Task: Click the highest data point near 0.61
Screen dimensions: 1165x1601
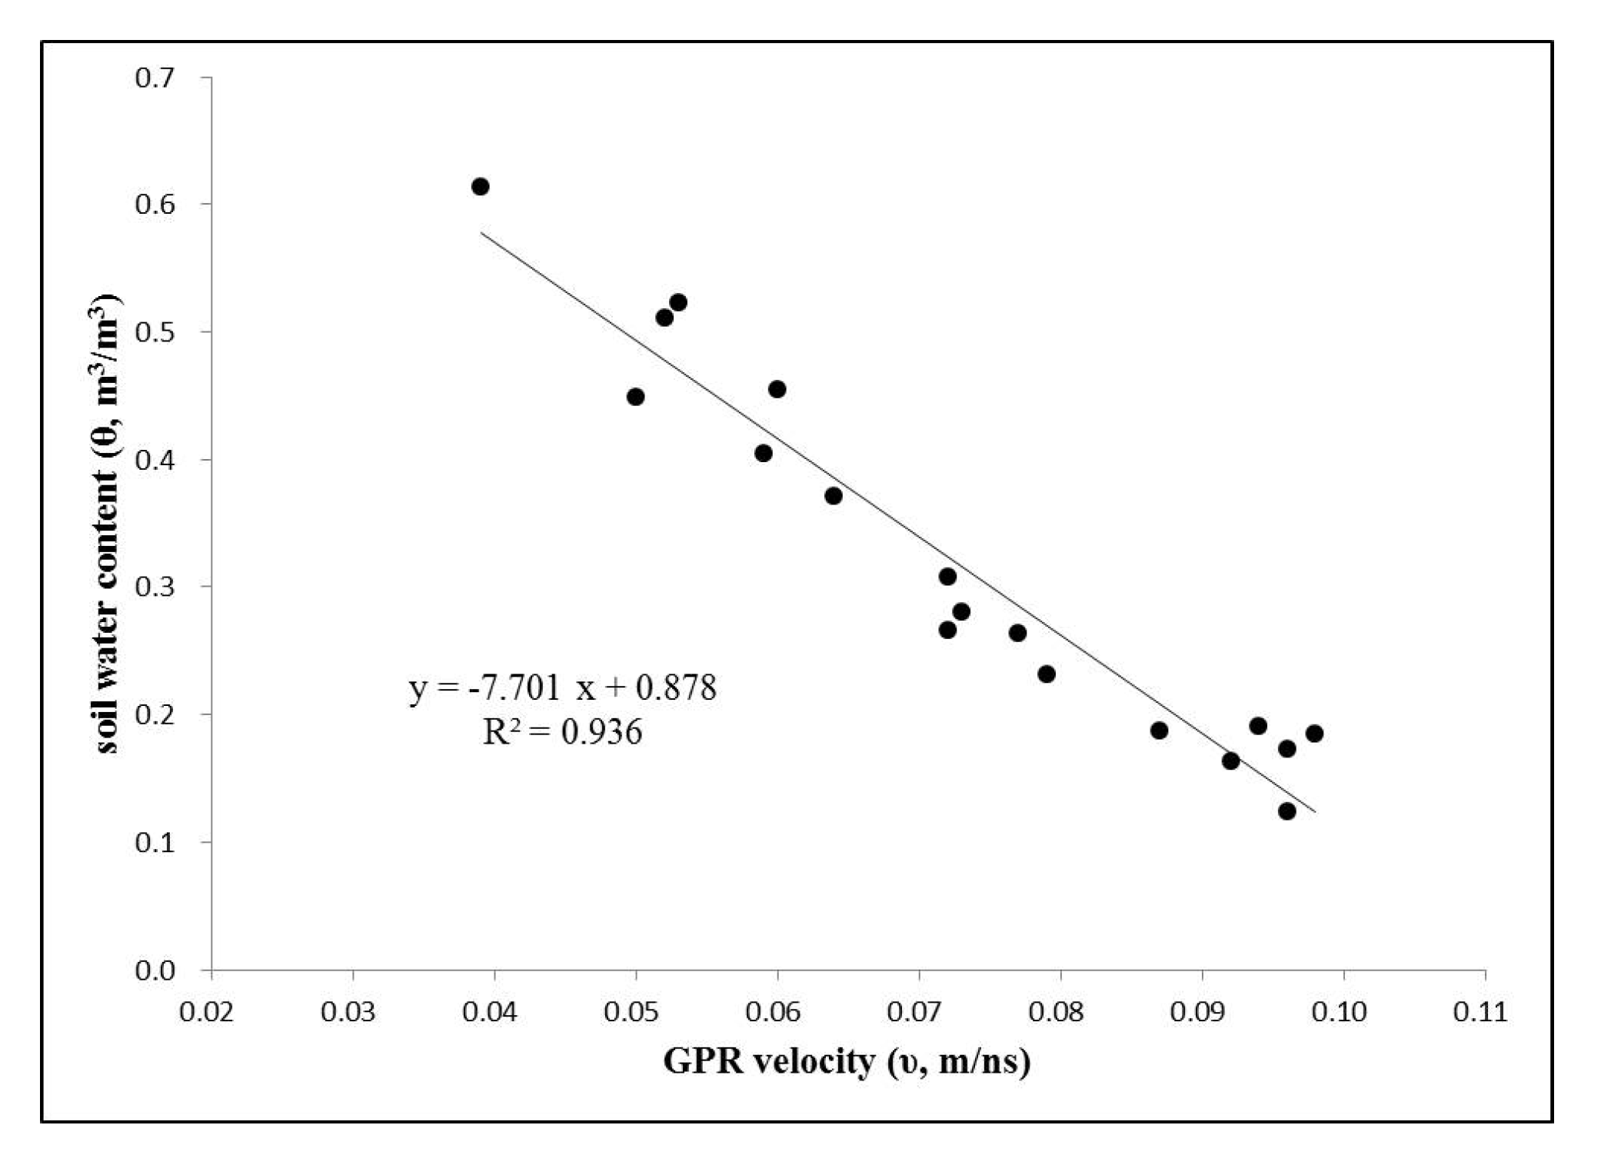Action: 480,186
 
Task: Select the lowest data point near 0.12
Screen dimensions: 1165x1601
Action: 1286,811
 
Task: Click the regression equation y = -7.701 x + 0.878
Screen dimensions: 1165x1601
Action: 562,687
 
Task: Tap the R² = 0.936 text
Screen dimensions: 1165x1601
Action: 562,731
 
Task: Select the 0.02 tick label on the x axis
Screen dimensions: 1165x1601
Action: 206,1012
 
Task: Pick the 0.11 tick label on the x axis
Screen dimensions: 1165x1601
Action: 1480,1012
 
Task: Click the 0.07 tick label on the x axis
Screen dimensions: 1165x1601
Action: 914,1012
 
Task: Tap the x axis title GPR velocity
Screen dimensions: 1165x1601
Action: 846,1061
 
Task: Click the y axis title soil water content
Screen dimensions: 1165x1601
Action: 107,523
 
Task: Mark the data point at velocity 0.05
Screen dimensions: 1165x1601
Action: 635,397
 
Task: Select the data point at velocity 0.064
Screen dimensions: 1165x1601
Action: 833,496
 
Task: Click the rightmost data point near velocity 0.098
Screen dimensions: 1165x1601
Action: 1314,733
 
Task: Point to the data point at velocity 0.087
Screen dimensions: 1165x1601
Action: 1159,730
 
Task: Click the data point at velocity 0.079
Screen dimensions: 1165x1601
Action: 1046,674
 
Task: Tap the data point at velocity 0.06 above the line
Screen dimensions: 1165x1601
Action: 777,389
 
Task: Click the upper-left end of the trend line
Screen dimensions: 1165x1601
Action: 482,232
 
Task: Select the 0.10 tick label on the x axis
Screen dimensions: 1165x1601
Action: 1338,1012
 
